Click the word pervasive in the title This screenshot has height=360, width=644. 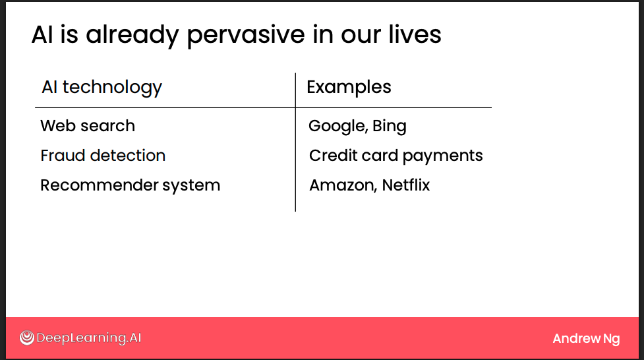pyautogui.click(x=246, y=36)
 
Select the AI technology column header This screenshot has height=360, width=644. pyautogui.click(x=102, y=88)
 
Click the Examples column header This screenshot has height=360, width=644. pyautogui.click(x=349, y=88)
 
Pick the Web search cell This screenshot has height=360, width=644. pyautogui.click(x=88, y=126)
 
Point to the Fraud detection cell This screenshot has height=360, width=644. pyautogui.click(x=103, y=156)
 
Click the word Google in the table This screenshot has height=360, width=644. pyautogui.click(x=337, y=127)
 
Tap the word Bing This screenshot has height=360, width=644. pyautogui.click(x=390, y=127)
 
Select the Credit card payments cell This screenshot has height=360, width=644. pyautogui.click(x=396, y=156)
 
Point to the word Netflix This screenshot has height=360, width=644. pyautogui.click(x=406, y=185)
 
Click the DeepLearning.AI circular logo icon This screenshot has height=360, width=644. pyautogui.click(x=27, y=338)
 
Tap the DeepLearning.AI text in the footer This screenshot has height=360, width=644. pyautogui.click(x=88, y=338)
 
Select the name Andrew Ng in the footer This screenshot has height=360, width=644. pyautogui.click(x=586, y=339)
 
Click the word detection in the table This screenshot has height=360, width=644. pyautogui.click(x=128, y=156)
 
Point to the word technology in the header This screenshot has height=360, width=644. pyautogui.click(x=112, y=88)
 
